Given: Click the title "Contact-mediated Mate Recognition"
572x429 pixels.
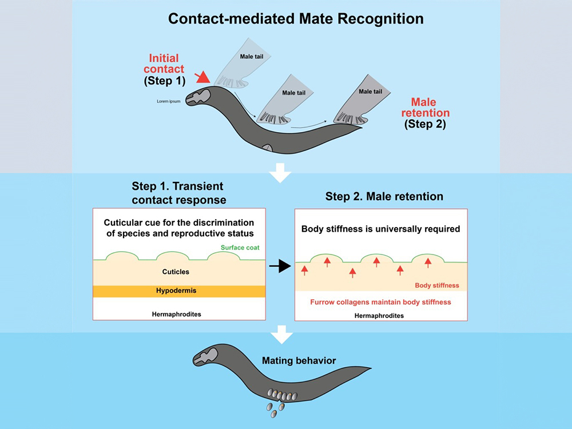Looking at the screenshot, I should pos(296,18).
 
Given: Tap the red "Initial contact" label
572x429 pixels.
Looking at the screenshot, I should pos(164,63).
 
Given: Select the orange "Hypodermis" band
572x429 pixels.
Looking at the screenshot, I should pos(177,291).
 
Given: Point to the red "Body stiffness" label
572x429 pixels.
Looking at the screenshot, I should pos(436,285).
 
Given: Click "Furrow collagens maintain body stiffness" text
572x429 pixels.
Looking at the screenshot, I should pos(380,301).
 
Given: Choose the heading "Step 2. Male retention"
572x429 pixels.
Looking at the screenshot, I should pos(384,197).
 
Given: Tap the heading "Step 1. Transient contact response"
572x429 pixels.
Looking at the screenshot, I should pos(177,193).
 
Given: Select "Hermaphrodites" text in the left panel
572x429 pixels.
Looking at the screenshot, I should pos(177,315).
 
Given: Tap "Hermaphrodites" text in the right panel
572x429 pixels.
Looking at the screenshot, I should pos(379,316).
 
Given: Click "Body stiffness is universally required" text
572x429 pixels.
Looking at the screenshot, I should pos(380,230).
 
